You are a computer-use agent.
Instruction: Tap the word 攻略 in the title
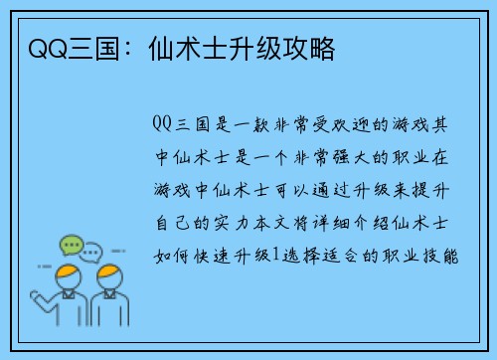click(311, 47)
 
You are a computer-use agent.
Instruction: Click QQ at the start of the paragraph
click(164, 124)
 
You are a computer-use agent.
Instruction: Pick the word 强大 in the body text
click(345, 157)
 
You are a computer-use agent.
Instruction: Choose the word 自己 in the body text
click(174, 223)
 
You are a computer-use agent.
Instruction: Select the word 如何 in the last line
click(174, 256)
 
